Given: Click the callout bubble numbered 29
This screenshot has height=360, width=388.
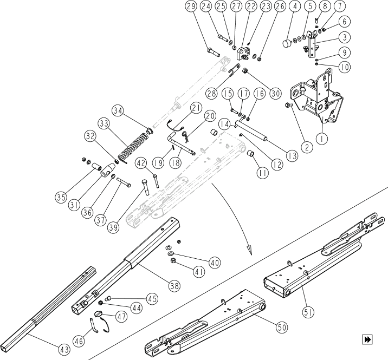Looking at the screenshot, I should (190, 7).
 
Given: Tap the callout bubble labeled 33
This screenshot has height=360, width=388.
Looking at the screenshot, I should (104, 124).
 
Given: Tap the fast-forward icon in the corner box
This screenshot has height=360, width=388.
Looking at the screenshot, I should (368, 339).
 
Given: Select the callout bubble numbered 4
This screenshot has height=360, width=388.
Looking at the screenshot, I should (295, 7).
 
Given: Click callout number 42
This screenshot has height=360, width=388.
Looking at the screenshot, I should (141, 162).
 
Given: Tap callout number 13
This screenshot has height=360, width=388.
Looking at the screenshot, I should (293, 156).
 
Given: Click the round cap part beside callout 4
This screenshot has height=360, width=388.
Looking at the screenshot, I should (289, 44).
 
